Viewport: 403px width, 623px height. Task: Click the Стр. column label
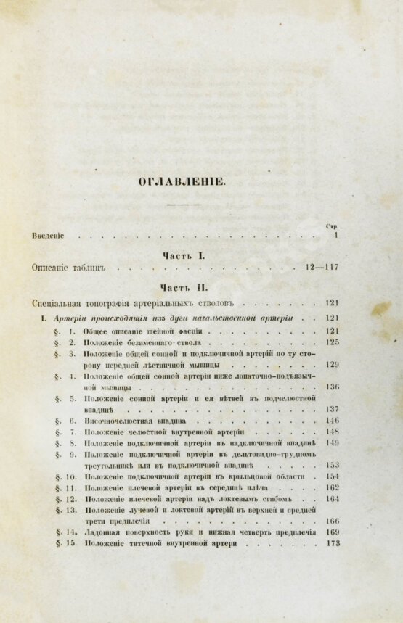click(333, 226)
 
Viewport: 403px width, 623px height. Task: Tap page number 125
click(333, 342)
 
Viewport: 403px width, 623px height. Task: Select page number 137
click(333, 409)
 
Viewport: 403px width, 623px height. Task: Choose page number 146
click(333, 421)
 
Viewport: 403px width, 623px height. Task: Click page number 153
click(333, 466)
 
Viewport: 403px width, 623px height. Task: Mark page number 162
click(333, 488)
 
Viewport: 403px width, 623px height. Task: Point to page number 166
click(333, 521)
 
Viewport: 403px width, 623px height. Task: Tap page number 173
click(333, 543)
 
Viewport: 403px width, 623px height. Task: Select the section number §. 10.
click(65, 476)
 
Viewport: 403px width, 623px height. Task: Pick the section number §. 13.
click(65, 511)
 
